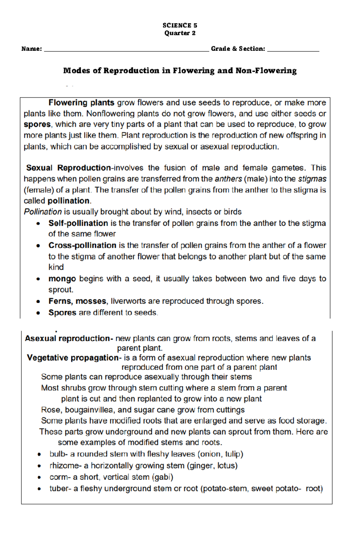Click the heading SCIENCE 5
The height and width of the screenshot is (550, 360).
coord(180,25)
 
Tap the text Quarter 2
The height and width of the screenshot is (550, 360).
coord(180,33)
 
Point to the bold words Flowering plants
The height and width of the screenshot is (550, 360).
coord(81,103)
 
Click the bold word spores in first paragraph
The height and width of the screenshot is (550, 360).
coord(37,124)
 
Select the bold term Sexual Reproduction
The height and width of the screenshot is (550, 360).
coord(68,168)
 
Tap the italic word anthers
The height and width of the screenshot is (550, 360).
coord(228,179)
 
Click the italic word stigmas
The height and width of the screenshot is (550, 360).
coord(312,179)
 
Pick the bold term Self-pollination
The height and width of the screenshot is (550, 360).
coord(78,223)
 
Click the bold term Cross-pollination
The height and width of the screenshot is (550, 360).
coord(82,245)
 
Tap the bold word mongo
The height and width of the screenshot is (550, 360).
coord(62,279)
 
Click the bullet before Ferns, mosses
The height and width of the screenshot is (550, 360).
coord(38,302)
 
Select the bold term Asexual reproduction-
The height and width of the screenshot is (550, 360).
coord(69,339)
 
